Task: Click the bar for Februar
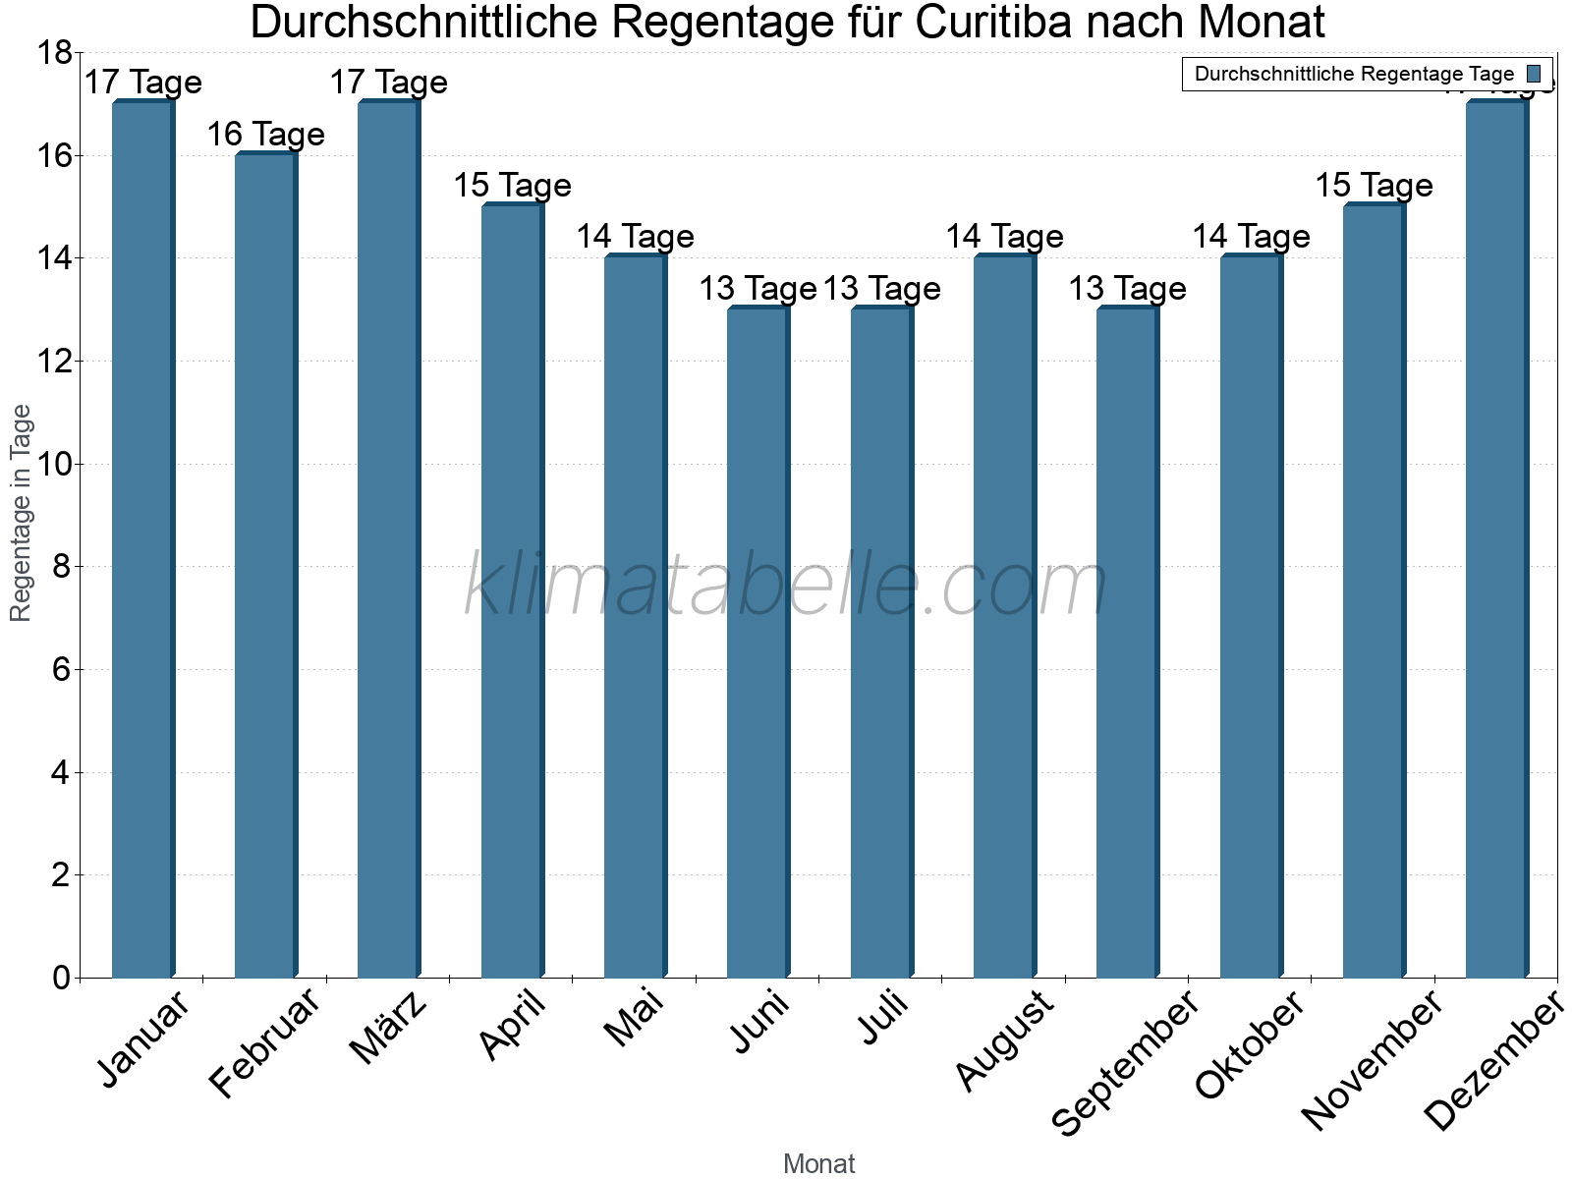265,565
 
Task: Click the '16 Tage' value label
265,135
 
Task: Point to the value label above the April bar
512,186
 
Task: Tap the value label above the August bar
1004,237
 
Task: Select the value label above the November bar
1374,186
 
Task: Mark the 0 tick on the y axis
62,978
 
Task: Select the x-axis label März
388,1027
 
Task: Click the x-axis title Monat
818,1164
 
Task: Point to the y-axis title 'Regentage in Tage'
21,513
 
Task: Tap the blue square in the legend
1534,74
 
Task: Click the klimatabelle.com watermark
786,587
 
